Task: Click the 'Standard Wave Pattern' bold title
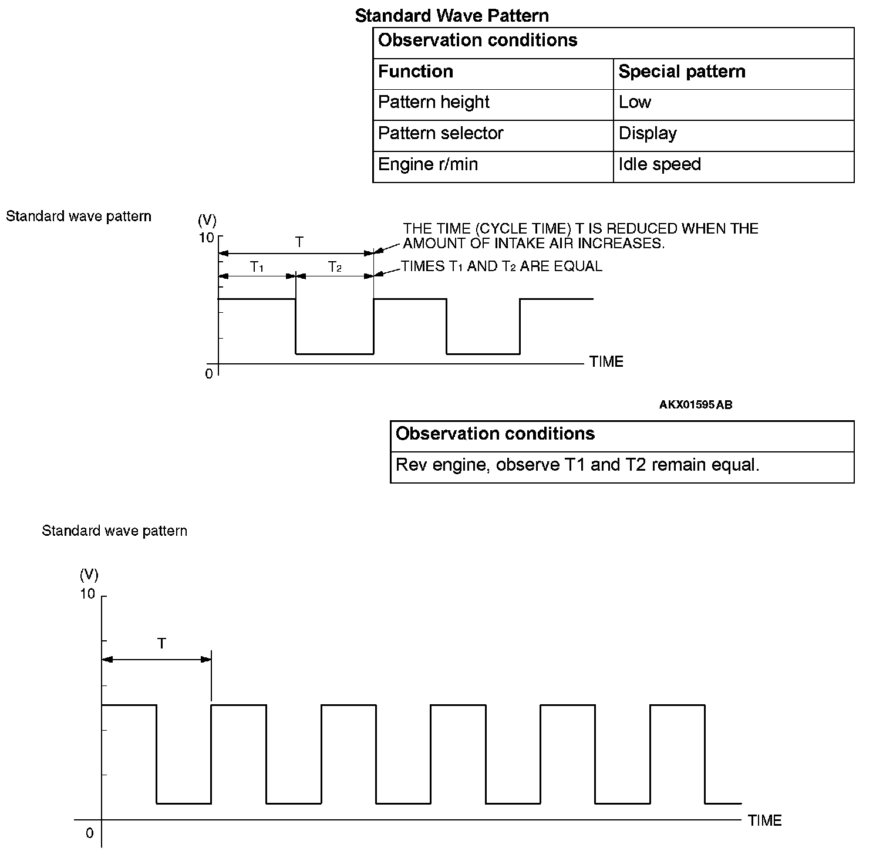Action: click(x=451, y=16)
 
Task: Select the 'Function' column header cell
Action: click(x=416, y=72)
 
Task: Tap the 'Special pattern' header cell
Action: click(x=682, y=72)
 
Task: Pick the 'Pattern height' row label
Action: click(x=433, y=102)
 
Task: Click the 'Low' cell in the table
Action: click(x=635, y=102)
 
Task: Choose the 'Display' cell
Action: click(x=648, y=133)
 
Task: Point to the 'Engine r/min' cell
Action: click(x=428, y=164)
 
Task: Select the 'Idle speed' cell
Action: click(x=659, y=164)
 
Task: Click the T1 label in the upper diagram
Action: click(x=257, y=267)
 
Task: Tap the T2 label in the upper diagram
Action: click(x=335, y=267)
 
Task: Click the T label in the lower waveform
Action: click(x=161, y=644)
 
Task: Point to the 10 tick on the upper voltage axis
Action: click(x=207, y=238)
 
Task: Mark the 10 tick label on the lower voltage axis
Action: click(x=87, y=594)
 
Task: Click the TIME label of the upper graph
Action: click(x=606, y=362)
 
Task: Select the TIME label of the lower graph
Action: click(x=764, y=820)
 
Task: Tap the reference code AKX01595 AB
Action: click(x=696, y=404)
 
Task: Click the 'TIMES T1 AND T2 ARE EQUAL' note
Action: click(x=501, y=266)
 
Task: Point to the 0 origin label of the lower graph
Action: click(x=89, y=833)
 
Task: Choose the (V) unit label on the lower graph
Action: click(x=89, y=574)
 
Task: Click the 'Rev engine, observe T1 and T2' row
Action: click(x=577, y=465)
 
